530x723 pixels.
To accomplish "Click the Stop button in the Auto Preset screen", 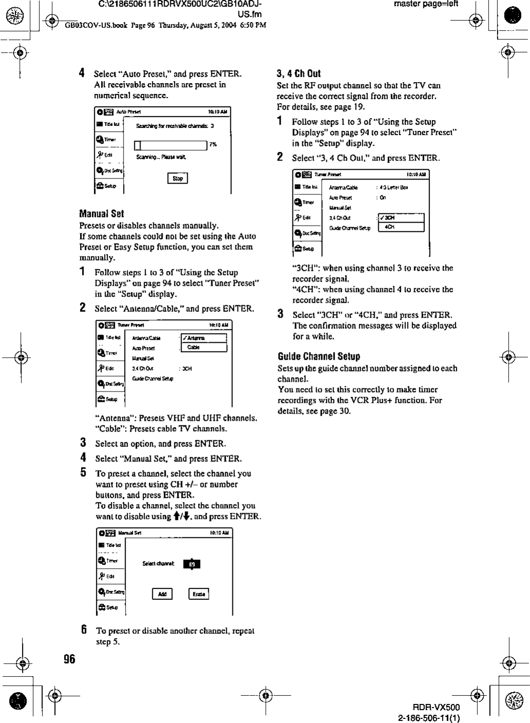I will (178, 178).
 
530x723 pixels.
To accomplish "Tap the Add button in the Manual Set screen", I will (162, 594).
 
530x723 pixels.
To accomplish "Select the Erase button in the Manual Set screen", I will (199, 594).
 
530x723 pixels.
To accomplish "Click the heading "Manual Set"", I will (102, 213).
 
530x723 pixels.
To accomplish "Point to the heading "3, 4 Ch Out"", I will (299, 73).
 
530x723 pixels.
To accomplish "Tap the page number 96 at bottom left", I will (69, 659).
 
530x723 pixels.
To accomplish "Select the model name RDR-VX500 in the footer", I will (439, 707).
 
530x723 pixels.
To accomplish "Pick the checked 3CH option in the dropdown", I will (401, 218).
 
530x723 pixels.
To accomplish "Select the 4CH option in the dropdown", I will (401, 227).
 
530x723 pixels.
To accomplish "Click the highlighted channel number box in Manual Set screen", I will (192, 564).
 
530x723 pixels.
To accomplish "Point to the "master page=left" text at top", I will (426, 4).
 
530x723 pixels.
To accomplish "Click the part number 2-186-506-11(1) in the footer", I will (429, 717).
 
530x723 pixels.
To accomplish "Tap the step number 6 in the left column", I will (83, 630).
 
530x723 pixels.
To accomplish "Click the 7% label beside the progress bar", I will (213, 145).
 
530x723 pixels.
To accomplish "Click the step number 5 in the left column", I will (83, 473).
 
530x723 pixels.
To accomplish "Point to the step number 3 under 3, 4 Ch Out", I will (280, 314).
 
